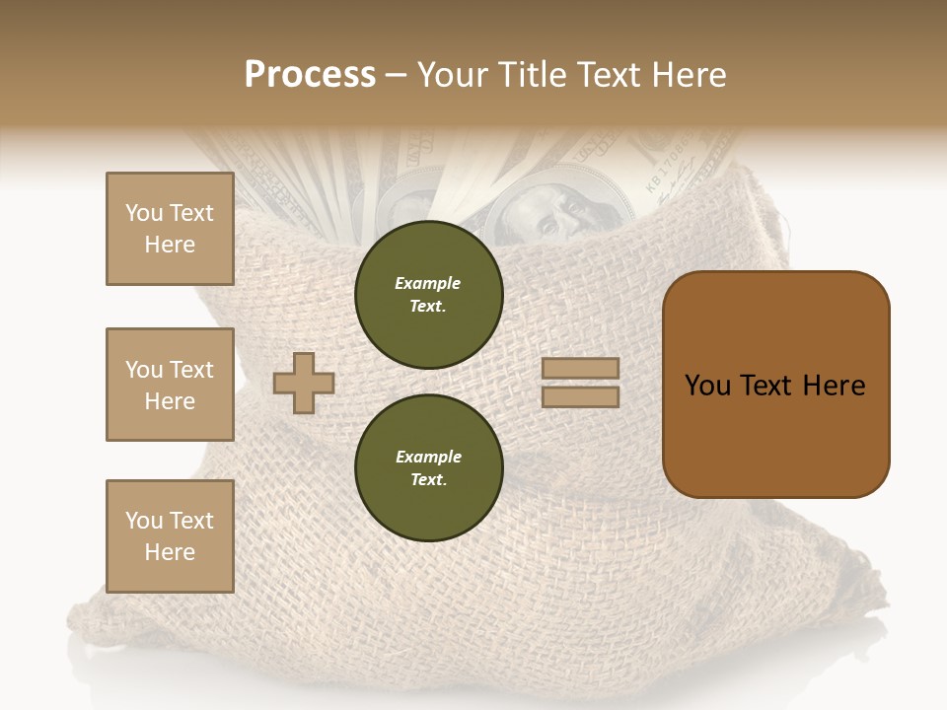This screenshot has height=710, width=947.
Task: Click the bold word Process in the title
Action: pyautogui.click(x=310, y=75)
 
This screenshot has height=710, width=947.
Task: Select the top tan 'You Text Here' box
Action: pyautogui.click(x=170, y=229)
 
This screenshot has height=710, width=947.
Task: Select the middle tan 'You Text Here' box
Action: pyautogui.click(x=170, y=385)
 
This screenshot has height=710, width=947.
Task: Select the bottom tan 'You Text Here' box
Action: pyautogui.click(x=170, y=536)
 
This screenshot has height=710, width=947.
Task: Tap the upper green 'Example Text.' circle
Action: pyautogui.click(x=428, y=295)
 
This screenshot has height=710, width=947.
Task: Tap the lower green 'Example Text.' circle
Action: pyautogui.click(x=428, y=468)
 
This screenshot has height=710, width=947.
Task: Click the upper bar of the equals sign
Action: pyautogui.click(x=580, y=369)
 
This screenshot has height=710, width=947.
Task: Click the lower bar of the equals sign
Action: pyautogui.click(x=580, y=397)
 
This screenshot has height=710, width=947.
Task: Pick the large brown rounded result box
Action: pyautogui.click(x=775, y=385)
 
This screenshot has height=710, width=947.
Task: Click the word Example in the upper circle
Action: pyautogui.click(x=428, y=283)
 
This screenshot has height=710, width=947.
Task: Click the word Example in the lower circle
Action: pyautogui.click(x=428, y=457)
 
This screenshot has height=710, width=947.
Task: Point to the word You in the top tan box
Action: pyautogui.click(x=144, y=213)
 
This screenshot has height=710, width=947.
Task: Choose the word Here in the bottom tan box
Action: pyautogui.click(x=170, y=552)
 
